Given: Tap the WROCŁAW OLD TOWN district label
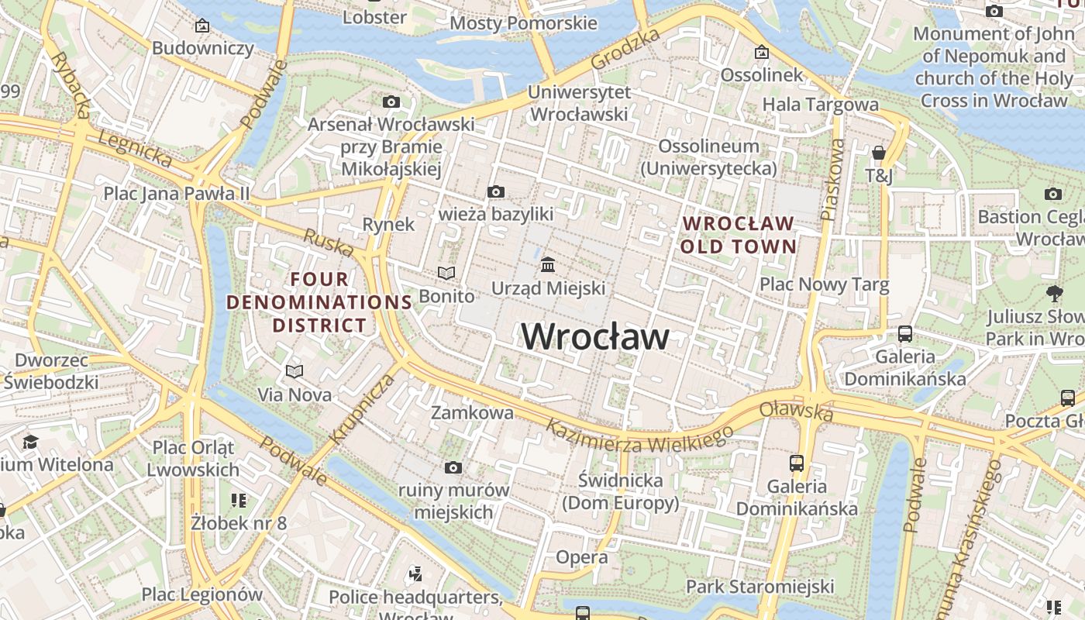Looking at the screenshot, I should coord(739,236).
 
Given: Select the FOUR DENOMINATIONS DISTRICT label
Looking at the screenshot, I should coord(319,302).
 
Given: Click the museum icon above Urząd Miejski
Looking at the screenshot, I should coord(548,265).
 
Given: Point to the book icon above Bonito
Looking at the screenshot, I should coord(446,273).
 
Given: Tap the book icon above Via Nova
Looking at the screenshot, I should coord(294,371).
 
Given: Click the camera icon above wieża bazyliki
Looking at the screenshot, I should coord(496,191).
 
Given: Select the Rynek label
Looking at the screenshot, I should coord(389,225).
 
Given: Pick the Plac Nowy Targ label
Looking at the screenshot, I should coord(824,284).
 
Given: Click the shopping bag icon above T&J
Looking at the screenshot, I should coord(879,153).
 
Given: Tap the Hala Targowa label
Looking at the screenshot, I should coord(821,105).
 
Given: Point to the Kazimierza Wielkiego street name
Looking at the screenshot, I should coord(639,435).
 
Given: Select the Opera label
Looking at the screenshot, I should coord(582,557).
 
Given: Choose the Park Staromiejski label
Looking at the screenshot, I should coord(759,586).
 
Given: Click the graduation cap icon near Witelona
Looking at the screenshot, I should coord(30,442).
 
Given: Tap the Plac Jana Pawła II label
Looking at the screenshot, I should coord(177,193).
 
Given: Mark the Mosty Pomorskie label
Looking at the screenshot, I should coord(524,23).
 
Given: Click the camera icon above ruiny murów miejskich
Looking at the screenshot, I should coord(453,467).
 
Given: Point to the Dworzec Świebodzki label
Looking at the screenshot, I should coord(51,371).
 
